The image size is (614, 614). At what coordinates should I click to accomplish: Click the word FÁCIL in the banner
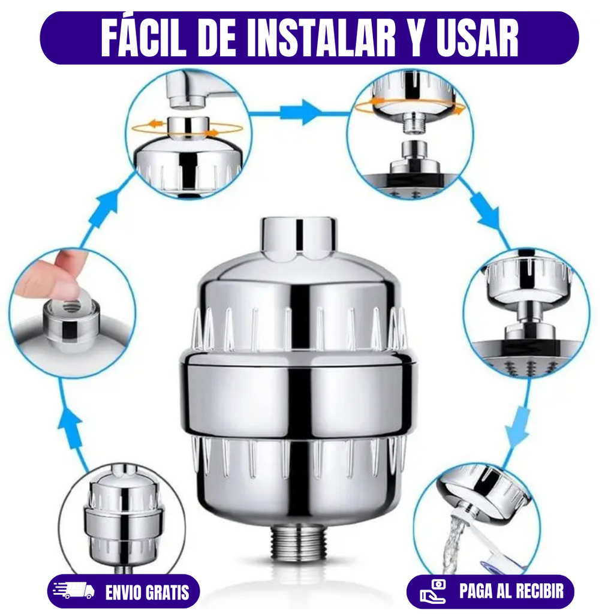[143, 38]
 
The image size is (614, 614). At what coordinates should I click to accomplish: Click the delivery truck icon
[74, 591]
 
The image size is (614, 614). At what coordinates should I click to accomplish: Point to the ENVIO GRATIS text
[148, 592]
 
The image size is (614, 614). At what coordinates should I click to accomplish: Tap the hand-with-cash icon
[433, 591]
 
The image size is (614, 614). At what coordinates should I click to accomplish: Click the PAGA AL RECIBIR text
[511, 591]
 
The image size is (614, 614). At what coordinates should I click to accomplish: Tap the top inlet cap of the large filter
[299, 237]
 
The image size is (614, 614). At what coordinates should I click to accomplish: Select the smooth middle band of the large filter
[299, 396]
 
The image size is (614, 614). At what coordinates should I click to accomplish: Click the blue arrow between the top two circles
[300, 113]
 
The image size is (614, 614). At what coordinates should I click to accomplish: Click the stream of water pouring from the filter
[455, 544]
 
